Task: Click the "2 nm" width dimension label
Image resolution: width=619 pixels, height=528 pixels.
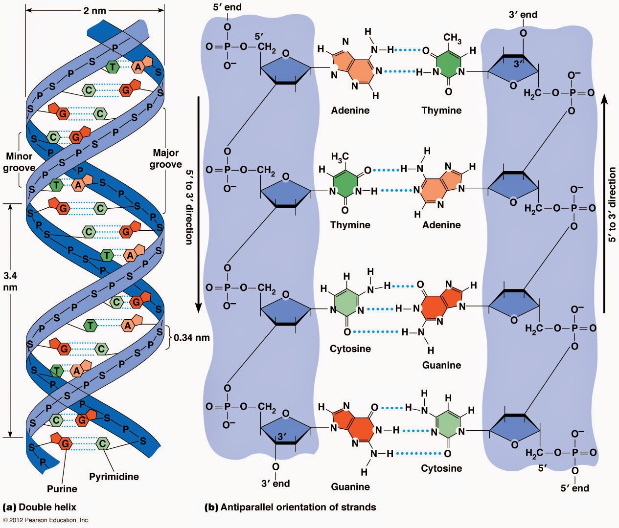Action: [94, 11]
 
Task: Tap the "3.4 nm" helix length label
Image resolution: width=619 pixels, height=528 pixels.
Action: [10, 281]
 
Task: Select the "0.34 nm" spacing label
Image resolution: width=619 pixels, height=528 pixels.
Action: [192, 337]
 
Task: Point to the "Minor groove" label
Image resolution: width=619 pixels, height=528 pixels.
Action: [19, 162]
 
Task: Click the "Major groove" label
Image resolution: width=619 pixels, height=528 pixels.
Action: [165, 158]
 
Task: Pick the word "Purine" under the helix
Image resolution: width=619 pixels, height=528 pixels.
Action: [62, 488]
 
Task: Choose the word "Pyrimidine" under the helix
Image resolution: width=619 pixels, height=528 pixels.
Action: [114, 477]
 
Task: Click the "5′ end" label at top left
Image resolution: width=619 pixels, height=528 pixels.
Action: [228, 7]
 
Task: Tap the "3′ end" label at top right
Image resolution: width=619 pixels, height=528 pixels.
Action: [523, 14]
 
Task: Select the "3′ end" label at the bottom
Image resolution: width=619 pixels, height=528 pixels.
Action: [275, 484]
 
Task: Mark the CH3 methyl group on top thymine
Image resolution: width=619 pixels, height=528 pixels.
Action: [452, 38]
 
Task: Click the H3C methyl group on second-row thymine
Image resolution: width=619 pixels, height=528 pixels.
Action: [340, 157]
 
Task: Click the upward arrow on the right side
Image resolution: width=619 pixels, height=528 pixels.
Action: [604, 203]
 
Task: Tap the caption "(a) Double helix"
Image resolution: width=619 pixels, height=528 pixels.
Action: [39, 507]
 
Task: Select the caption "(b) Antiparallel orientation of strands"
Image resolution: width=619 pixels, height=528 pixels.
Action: [290, 507]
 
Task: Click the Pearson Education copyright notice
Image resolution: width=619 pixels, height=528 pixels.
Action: [46, 520]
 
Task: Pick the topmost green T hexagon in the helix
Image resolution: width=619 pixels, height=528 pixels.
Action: [113, 66]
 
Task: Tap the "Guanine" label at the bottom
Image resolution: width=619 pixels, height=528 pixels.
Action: [350, 487]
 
